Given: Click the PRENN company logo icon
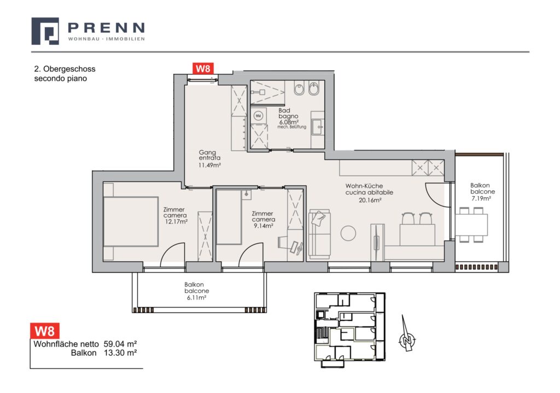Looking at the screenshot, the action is click(x=45, y=31).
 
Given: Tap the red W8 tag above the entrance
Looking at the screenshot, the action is click(x=203, y=68).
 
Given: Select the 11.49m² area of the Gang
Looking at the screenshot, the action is click(x=209, y=165).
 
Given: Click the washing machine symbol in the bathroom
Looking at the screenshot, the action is click(x=259, y=116).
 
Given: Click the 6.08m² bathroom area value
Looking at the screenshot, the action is click(x=289, y=122).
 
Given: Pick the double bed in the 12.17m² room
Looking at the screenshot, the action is click(x=131, y=221).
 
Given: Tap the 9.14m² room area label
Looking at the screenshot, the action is click(x=263, y=226).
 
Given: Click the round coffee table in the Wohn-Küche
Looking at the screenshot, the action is click(x=348, y=233).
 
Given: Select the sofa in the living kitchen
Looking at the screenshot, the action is click(x=319, y=234).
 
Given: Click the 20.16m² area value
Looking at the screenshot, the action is click(x=370, y=200).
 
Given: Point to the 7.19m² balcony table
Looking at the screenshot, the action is click(x=471, y=225).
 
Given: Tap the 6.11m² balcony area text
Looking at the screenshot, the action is click(x=197, y=297).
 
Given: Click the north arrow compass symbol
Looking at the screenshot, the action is click(x=406, y=334).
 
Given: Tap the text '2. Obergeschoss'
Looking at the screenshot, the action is click(x=65, y=69).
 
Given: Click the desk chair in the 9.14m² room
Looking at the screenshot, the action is click(x=284, y=242).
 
